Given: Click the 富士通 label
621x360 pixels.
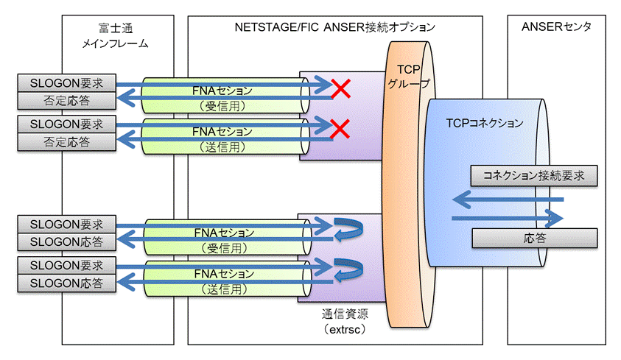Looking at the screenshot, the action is click(115, 28).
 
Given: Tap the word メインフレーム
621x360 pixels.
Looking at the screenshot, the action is click(115, 43).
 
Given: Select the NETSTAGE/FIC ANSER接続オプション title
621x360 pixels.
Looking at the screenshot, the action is click(334, 27).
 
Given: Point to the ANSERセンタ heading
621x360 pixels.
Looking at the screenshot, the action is click(556, 27).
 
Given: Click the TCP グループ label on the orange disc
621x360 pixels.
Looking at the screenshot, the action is click(409, 77).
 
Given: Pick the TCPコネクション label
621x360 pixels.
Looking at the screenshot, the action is click(485, 123).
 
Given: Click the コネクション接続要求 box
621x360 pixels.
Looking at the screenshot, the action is click(534, 176).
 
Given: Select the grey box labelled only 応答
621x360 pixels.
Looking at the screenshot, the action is click(535, 238).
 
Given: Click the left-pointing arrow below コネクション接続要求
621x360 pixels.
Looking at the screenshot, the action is click(508, 200).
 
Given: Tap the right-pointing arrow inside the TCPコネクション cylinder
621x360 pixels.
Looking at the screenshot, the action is click(508, 218).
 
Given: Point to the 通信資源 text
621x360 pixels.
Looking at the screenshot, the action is click(345, 314).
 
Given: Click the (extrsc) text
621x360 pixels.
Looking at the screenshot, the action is click(345, 329).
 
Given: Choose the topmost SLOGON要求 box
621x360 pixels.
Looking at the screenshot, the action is click(66, 83).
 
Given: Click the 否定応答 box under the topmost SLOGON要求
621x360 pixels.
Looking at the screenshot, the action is click(66, 101).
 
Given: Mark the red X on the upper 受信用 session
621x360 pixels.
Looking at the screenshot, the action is click(340, 88).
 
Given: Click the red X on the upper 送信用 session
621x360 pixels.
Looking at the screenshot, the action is click(340, 129).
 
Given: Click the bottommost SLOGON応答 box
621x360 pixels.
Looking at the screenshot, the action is click(66, 283).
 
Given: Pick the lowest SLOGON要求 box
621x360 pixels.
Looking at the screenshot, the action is click(66, 265).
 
